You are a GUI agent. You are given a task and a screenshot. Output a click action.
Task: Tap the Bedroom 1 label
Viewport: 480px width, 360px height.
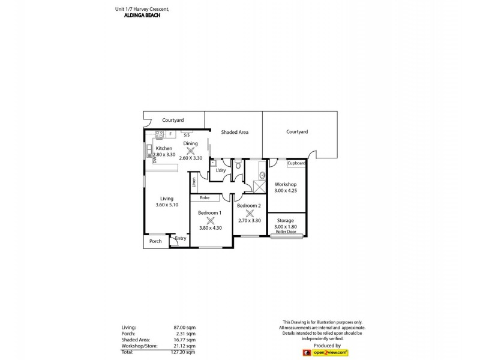click(x=210, y=213)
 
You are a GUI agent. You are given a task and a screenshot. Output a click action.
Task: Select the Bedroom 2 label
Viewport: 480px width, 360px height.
click(x=248, y=206)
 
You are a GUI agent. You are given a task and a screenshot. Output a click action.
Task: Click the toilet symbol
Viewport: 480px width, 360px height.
click(x=238, y=164)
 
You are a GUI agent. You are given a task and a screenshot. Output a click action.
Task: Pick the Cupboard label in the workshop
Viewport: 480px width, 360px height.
click(x=296, y=163)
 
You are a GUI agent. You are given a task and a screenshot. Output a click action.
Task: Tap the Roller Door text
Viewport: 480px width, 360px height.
click(x=286, y=232)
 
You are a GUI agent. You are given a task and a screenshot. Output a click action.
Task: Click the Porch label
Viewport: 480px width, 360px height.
click(x=155, y=242)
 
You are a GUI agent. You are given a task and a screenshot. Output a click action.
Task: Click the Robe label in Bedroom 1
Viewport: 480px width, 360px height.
click(x=205, y=197)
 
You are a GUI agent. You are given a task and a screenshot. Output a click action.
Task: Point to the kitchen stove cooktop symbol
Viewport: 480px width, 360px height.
click(x=160, y=134)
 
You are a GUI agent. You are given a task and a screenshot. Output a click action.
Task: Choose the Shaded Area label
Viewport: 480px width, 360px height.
click(x=234, y=132)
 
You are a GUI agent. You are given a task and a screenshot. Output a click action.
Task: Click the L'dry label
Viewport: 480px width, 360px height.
click(x=220, y=172)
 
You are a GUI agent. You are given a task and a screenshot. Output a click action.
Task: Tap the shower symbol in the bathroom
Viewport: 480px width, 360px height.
click(x=259, y=185)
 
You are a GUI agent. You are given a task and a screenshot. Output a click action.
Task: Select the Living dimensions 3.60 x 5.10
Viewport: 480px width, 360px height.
click(x=167, y=205)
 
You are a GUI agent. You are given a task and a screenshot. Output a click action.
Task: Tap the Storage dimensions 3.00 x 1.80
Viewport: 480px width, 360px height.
click(x=286, y=227)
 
